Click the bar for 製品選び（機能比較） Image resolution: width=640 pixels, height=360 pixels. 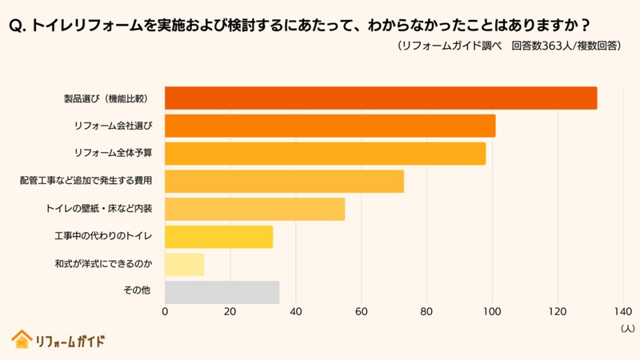[381, 98]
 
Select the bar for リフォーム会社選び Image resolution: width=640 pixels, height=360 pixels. [330, 126]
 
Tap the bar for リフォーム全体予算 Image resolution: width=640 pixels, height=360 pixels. [325, 154]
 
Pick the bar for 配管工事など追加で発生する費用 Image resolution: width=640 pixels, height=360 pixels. [284, 182]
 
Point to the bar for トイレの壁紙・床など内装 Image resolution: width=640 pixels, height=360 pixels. [254, 209]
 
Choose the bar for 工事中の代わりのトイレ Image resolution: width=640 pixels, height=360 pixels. [218, 237]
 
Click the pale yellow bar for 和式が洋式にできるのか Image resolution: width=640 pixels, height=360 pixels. [185, 265]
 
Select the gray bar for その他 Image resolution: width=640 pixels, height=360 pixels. [222, 293]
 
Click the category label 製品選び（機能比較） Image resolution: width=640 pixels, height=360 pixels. [108, 98]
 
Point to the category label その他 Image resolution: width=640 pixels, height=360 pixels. [137, 293]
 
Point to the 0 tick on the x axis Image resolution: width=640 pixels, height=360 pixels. [166, 312]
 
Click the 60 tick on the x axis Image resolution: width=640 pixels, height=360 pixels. [362, 312]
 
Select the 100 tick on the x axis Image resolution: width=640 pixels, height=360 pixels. [492, 312]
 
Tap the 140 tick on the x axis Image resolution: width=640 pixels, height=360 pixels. [623, 312]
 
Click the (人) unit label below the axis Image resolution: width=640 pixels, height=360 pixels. [626, 328]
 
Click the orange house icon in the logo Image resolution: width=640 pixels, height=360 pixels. [21, 339]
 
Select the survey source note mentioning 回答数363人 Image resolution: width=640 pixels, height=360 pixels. [509, 46]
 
